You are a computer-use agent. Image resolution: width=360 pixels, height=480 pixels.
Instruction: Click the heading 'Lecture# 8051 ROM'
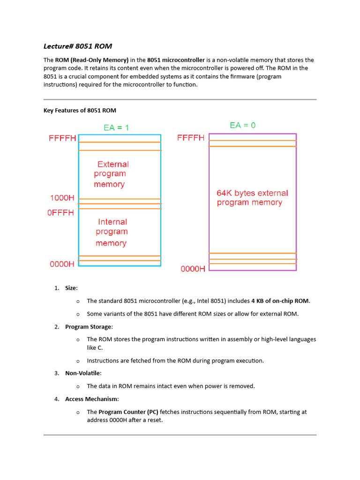pos(77,46)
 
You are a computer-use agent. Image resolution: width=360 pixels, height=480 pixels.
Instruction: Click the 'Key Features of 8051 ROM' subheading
pos(80,110)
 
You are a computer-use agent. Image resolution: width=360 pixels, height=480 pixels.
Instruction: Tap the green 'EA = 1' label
pos(116,127)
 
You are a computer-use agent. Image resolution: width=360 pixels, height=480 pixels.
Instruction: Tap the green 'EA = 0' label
pos(242,125)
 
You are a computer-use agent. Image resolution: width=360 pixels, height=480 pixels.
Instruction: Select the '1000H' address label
pos(62,198)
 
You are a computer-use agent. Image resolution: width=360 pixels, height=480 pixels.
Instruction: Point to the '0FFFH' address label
pos(60,212)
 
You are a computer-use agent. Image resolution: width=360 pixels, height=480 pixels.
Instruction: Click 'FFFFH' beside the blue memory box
pos(62,139)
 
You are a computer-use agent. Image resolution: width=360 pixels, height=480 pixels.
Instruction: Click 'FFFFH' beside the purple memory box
pos(191,138)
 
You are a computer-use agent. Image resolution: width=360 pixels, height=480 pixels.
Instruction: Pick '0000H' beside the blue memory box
pos(62,264)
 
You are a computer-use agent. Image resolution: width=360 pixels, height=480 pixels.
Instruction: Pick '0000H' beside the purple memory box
pos(193,269)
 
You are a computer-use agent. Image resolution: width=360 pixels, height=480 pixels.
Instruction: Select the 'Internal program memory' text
pos(112,232)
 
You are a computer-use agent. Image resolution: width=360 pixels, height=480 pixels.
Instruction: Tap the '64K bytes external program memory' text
pos(252,197)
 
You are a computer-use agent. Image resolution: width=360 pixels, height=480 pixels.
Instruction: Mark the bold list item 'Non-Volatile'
pos(83,373)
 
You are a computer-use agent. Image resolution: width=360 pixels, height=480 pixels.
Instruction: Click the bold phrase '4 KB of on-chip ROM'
pos(280,301)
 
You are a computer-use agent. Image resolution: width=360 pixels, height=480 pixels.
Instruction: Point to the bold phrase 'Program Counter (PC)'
pos(128,412)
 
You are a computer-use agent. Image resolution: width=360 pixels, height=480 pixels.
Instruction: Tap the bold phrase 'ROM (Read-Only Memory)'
pos(92,60)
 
